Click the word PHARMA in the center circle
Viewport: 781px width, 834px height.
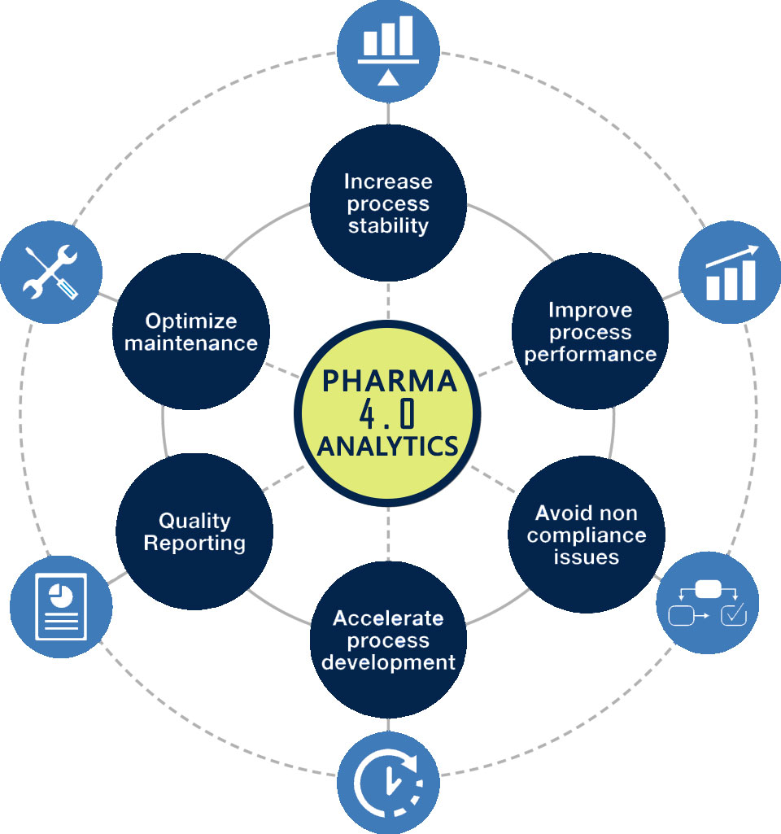(388, 381)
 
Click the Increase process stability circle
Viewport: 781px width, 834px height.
(388, 203)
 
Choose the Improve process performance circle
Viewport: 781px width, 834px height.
(590, 332)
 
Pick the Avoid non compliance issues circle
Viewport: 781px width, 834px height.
(587, 535)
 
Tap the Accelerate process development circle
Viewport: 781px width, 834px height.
(388, 640)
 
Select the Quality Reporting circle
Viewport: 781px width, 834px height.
(194, 531)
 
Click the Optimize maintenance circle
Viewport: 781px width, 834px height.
(191, 331)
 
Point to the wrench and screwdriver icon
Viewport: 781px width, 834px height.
(50, 272)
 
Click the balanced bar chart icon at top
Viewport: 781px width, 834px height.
(388, 51)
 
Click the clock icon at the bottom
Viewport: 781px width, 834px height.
(388, 783)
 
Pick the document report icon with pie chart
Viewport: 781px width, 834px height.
(60, 607)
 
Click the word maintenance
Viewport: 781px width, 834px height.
(191, 343)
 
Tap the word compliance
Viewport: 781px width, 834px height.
(587, 535)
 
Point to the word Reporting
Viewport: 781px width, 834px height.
(194, 543)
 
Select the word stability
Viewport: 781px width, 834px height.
(388, 225)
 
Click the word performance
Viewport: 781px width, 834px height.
(590, 355)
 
